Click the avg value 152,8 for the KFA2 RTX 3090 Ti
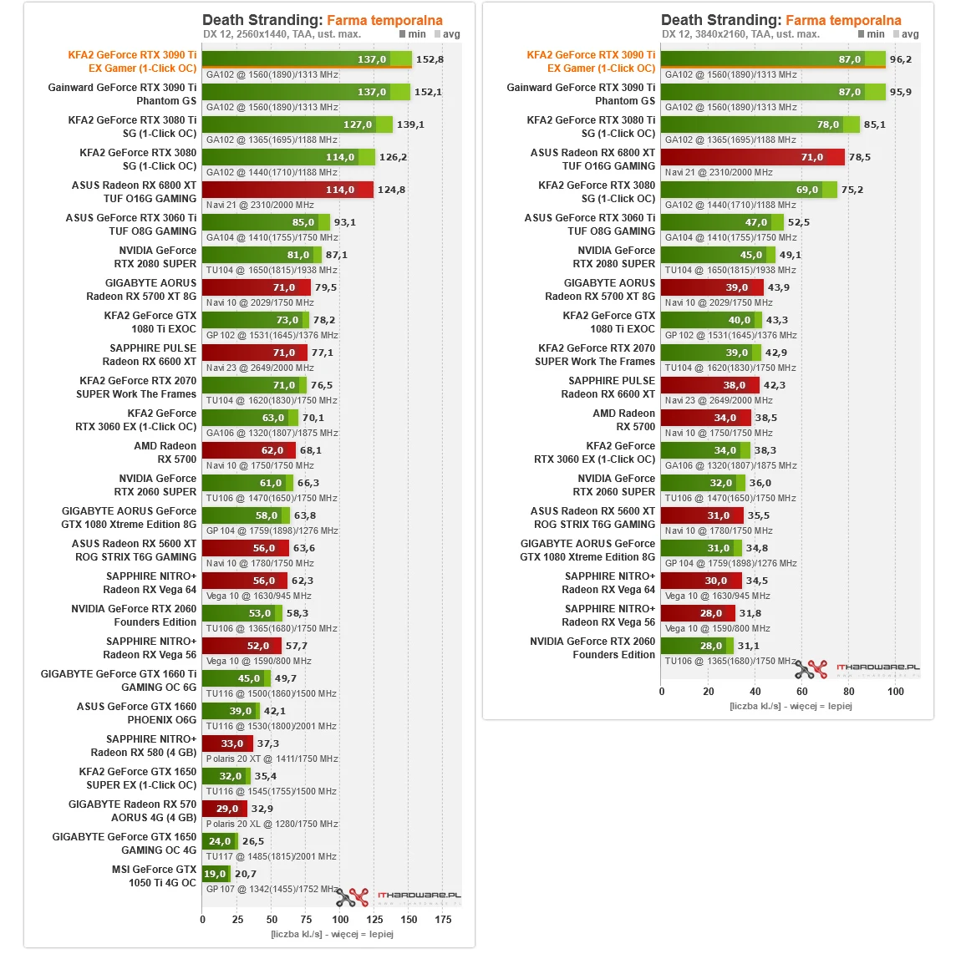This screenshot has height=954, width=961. click(430, 59)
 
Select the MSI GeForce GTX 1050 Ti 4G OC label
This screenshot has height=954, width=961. click(154, 875)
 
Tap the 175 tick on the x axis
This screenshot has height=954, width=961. click(443, 919)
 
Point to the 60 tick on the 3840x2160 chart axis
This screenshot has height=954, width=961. click(802, 691)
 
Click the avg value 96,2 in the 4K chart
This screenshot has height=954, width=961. click(900, 59)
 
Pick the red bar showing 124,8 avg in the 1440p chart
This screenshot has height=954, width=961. click(288, 190)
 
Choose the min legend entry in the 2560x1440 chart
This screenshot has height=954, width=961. click(413, 34)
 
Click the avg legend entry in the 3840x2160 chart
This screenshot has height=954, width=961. click(906, 34)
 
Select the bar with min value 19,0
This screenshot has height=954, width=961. click(215, 874)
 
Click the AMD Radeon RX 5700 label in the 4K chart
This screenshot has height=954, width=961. click(623, 419)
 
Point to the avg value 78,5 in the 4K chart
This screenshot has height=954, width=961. click(859, 157)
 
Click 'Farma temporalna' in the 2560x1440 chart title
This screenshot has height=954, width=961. click(384, 20)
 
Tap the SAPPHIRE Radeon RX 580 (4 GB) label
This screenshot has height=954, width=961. click(143, 745)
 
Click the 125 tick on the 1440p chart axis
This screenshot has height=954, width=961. click(374, 919)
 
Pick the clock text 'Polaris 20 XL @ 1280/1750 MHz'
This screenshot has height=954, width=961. click(272, 824)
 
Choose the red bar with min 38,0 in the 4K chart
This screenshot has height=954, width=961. click(709, 385)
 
